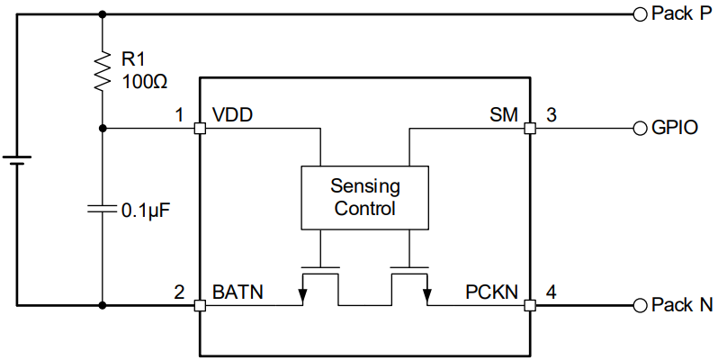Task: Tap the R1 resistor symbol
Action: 103,70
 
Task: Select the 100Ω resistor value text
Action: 145,80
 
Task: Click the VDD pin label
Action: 232,115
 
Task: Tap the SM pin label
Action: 503,115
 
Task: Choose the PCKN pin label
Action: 491,292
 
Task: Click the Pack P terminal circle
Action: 640,13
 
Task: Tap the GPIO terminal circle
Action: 640,128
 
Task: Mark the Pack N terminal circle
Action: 640,305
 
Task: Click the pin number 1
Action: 180,115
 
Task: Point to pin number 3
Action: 552,115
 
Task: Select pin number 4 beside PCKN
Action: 552,292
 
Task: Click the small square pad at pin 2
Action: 200,305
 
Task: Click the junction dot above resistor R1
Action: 103,13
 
